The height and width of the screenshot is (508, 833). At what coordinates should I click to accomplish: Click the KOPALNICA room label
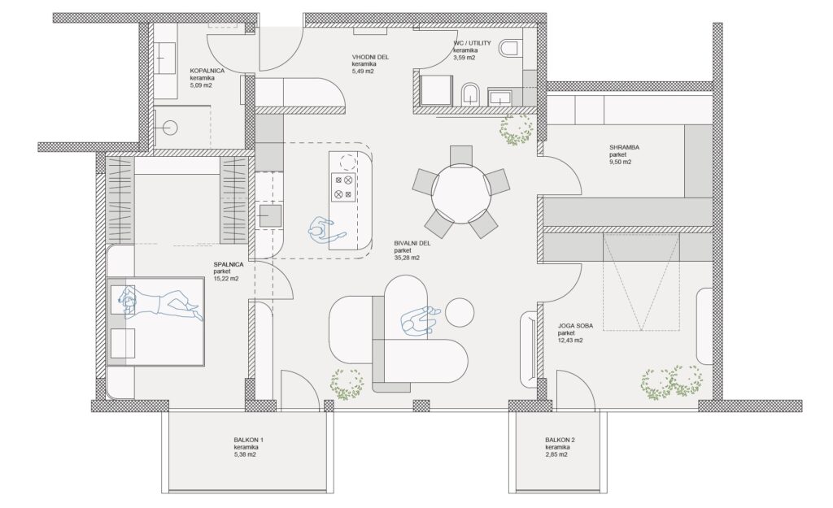(207, 71)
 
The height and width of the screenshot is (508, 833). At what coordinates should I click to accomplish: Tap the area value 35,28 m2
(407, 258)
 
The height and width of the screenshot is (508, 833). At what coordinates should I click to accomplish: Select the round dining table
(460, 192)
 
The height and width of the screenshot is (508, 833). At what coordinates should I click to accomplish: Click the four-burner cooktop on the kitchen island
(343, 188)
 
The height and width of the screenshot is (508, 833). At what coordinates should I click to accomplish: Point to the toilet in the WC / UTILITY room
(509, 48)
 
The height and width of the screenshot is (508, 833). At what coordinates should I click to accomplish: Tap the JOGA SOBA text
(576, 327)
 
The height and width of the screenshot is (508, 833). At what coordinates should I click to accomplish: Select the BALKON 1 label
(249, 440)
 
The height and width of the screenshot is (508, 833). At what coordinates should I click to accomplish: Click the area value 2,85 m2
(556, 454)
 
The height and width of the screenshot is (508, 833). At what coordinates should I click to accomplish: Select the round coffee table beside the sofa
(459, 313)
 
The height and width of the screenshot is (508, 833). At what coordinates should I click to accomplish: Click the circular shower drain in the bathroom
(170, 128)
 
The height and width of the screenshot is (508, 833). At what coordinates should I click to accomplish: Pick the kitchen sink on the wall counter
(270, 216)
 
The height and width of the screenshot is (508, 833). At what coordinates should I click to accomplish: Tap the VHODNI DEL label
(370, 58)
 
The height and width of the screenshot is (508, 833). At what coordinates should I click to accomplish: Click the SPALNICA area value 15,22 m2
(226, 278)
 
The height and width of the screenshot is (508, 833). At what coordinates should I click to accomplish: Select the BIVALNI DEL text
(412, 244)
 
